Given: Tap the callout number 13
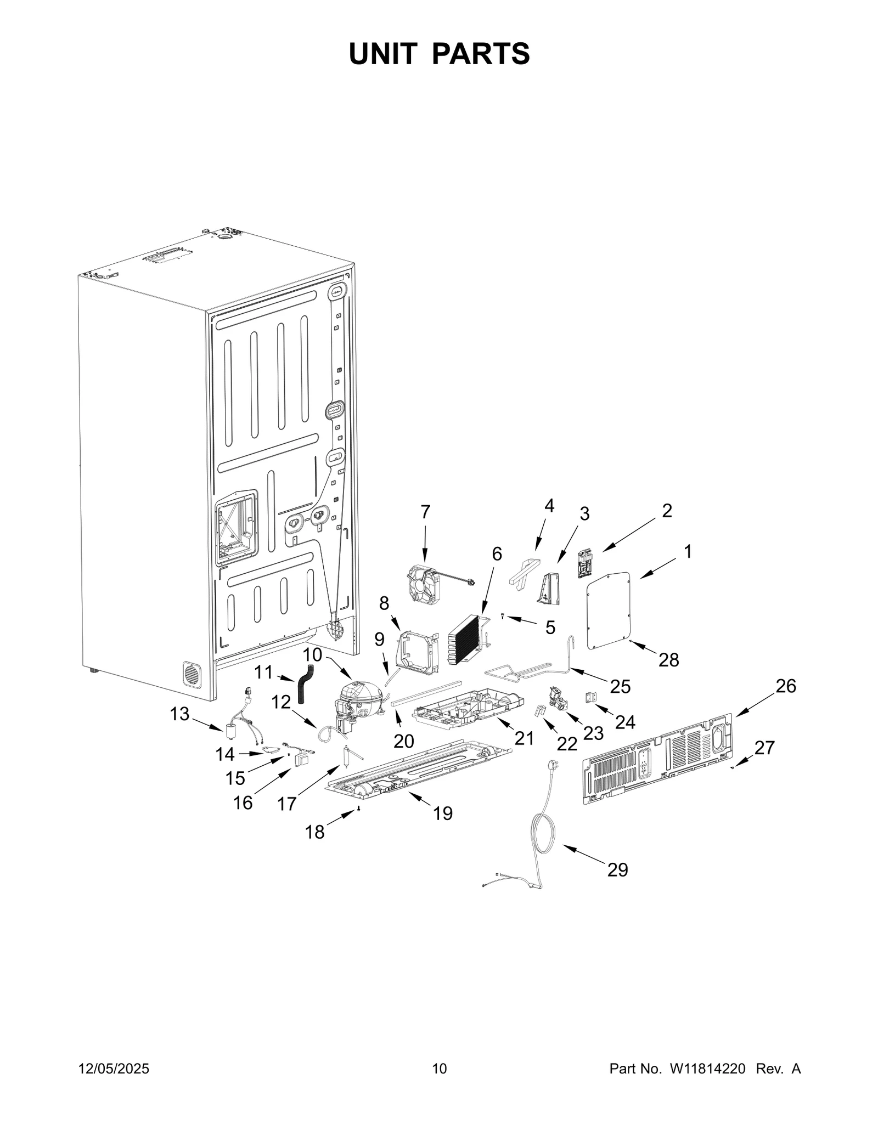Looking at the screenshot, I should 179,714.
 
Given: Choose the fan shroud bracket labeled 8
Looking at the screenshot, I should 420,652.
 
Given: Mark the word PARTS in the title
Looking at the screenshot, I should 481,54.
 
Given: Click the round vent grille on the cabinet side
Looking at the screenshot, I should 192,674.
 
